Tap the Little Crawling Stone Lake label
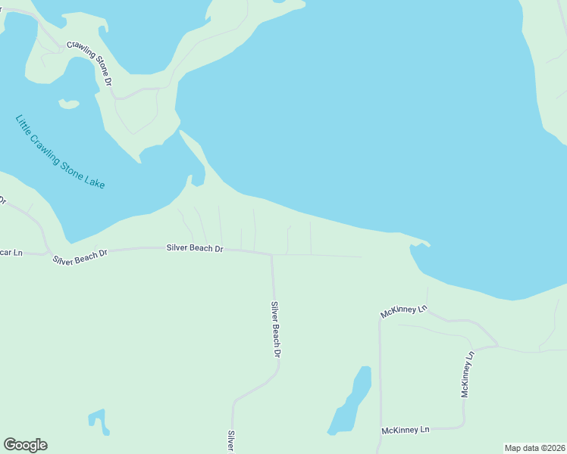coord(60,152)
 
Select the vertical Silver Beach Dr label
coord(277,330)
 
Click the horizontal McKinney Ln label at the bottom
coord(406,430)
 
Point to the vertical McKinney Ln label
coord(467,374)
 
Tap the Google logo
coord(25,445)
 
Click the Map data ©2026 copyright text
coord(534,448)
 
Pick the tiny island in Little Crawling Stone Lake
coord(69,104)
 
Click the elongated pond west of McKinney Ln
coord(351,400)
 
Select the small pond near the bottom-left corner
coord(98,419)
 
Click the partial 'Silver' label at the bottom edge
coord(230,441)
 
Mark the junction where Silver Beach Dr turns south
coord(272,255)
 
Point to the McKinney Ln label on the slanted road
coord(405,311)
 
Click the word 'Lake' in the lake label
coord(94,181)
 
